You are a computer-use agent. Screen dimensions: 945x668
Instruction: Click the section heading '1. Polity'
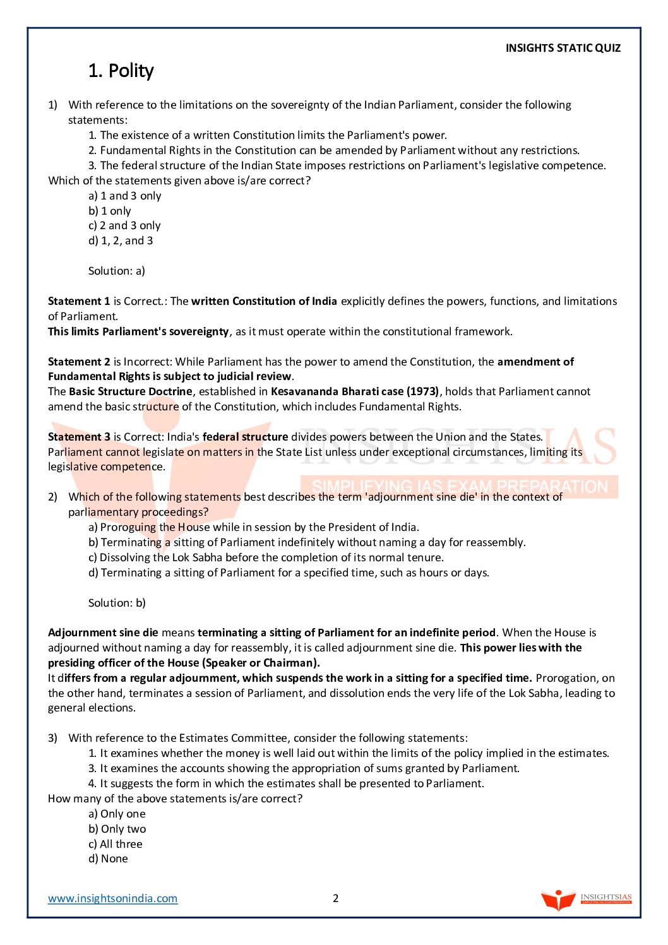point(121,71)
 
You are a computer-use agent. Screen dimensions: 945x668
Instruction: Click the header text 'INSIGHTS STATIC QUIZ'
point(563,48)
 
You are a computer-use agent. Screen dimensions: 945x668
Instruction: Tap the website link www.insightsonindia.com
point(112,898)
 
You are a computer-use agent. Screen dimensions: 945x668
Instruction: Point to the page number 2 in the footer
point(336,898)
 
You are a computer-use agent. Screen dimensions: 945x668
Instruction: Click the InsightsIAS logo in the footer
point(586,899)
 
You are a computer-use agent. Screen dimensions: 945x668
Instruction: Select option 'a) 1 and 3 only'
point(125,196)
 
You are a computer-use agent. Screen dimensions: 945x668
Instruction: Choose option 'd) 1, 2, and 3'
point(121,241)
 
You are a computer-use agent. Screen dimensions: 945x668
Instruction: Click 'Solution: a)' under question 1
point(117,271)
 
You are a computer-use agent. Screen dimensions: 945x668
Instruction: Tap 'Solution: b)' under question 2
point(117,603)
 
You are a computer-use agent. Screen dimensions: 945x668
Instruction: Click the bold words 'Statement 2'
point(79,362)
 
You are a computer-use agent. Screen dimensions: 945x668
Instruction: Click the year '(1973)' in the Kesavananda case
point(422,391)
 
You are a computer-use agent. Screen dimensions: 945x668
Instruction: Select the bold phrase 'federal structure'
point(245,437)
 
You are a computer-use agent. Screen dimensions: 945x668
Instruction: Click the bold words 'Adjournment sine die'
point(103,633)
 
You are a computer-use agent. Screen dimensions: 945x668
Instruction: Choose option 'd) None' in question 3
point(108,859)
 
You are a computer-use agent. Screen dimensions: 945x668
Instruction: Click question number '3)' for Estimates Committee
point(52,738)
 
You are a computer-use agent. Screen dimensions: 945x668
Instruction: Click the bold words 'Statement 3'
point(79,437)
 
